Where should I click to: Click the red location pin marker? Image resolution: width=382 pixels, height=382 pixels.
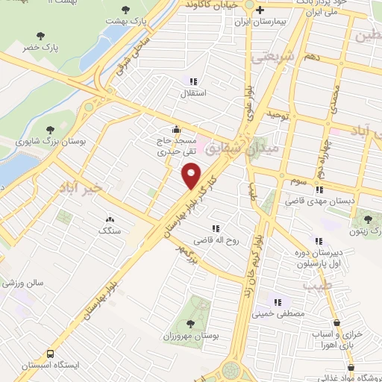(192, 176)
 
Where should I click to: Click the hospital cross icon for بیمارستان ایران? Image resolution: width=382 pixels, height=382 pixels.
(260, 10)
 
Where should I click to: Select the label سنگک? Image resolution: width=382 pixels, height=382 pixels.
(110, 231)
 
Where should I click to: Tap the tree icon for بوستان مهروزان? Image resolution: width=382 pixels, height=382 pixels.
(190, 323)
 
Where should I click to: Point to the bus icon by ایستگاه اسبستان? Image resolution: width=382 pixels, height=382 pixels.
(51, 354)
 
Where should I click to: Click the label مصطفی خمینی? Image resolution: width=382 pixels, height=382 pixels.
(278, 316)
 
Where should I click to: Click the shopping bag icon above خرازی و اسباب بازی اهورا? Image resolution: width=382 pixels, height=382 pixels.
(340, 322)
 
